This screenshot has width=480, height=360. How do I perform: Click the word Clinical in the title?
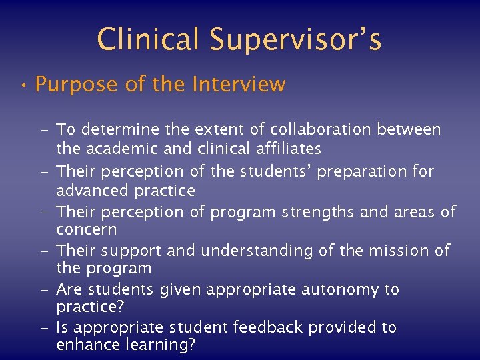pos(149,39)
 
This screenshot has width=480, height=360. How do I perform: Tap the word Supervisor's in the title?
pos(295,39)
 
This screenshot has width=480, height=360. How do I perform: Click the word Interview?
pos(239,85)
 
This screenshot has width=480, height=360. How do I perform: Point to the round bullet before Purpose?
pos(23,85)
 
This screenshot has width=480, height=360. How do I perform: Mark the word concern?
pos(86,230)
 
